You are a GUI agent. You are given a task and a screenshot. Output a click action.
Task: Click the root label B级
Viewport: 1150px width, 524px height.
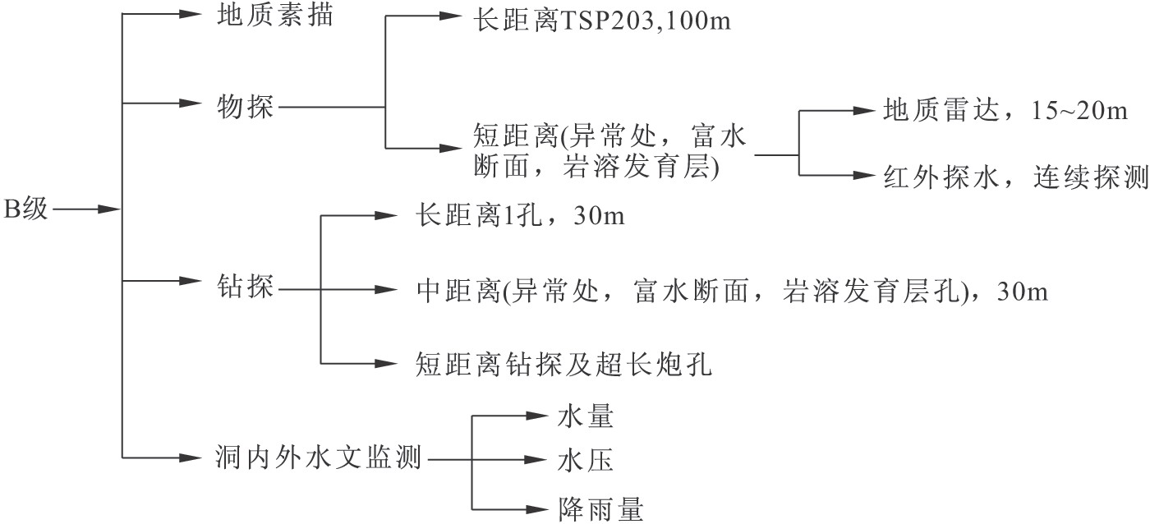point(27,209)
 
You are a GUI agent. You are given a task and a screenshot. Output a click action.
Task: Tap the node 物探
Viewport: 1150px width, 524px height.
point(245,106)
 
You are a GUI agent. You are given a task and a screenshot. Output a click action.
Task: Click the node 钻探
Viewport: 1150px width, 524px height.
point(245,289)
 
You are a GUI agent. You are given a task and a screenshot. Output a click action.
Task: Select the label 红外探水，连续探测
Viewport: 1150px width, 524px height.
point(1015,177)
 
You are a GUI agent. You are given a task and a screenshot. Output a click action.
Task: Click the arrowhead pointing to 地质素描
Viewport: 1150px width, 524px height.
point(191,15)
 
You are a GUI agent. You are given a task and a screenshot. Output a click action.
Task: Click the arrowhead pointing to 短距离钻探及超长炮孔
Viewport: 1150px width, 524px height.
point(386,363)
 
